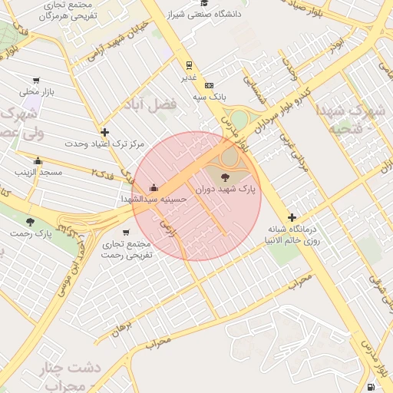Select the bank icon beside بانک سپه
[209, 85]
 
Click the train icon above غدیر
[189, 65]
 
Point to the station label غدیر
[189, 78]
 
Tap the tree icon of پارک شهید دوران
[224, 177]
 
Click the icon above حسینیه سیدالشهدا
[154, 187]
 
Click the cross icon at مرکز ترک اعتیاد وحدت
[104, 132]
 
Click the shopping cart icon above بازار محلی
[35, 81]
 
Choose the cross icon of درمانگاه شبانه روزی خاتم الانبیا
[292, 217]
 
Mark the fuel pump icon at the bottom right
[372, 387]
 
